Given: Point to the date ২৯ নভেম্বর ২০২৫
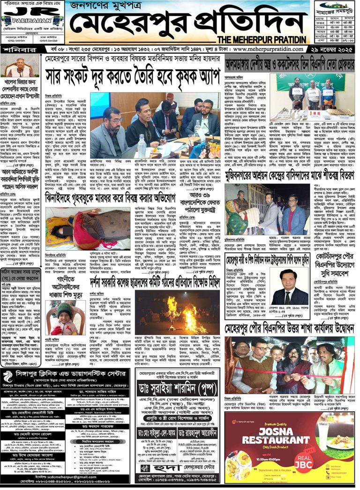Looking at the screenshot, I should [x=331, y=49].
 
